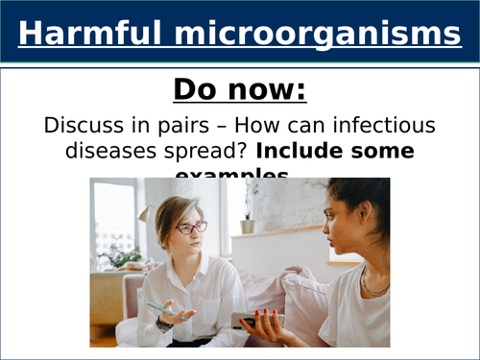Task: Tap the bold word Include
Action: pos(304,152)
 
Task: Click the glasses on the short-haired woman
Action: pos(190,228)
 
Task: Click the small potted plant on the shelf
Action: pos(248,223)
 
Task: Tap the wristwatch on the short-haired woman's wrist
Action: pos(166,324)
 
